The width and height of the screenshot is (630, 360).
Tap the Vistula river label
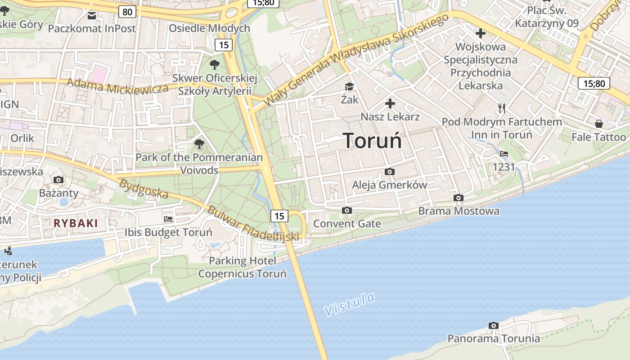(349, 305)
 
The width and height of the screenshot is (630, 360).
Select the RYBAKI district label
(76, 223)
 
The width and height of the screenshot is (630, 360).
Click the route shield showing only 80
(127, 12)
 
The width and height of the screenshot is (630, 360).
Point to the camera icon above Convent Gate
(346, 210)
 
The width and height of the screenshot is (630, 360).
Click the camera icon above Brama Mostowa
(459, 198)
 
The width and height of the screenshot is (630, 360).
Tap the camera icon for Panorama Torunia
(493, 325)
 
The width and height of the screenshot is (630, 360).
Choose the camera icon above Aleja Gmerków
(390, 171)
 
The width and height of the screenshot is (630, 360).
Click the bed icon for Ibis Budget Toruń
(168, 219)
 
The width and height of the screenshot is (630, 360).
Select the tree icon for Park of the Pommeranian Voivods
(199, 144)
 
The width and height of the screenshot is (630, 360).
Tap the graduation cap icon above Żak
(349, 86)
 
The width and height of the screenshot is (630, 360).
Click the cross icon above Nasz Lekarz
(390, 104)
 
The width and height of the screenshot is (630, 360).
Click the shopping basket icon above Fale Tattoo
(598, 123)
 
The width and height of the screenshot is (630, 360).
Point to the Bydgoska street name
(144, 189)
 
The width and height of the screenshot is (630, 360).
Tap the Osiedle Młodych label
(209, 28)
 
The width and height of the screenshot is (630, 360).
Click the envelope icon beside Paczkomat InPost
(92, 16)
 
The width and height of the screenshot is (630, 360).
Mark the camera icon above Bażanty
(58, 180)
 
